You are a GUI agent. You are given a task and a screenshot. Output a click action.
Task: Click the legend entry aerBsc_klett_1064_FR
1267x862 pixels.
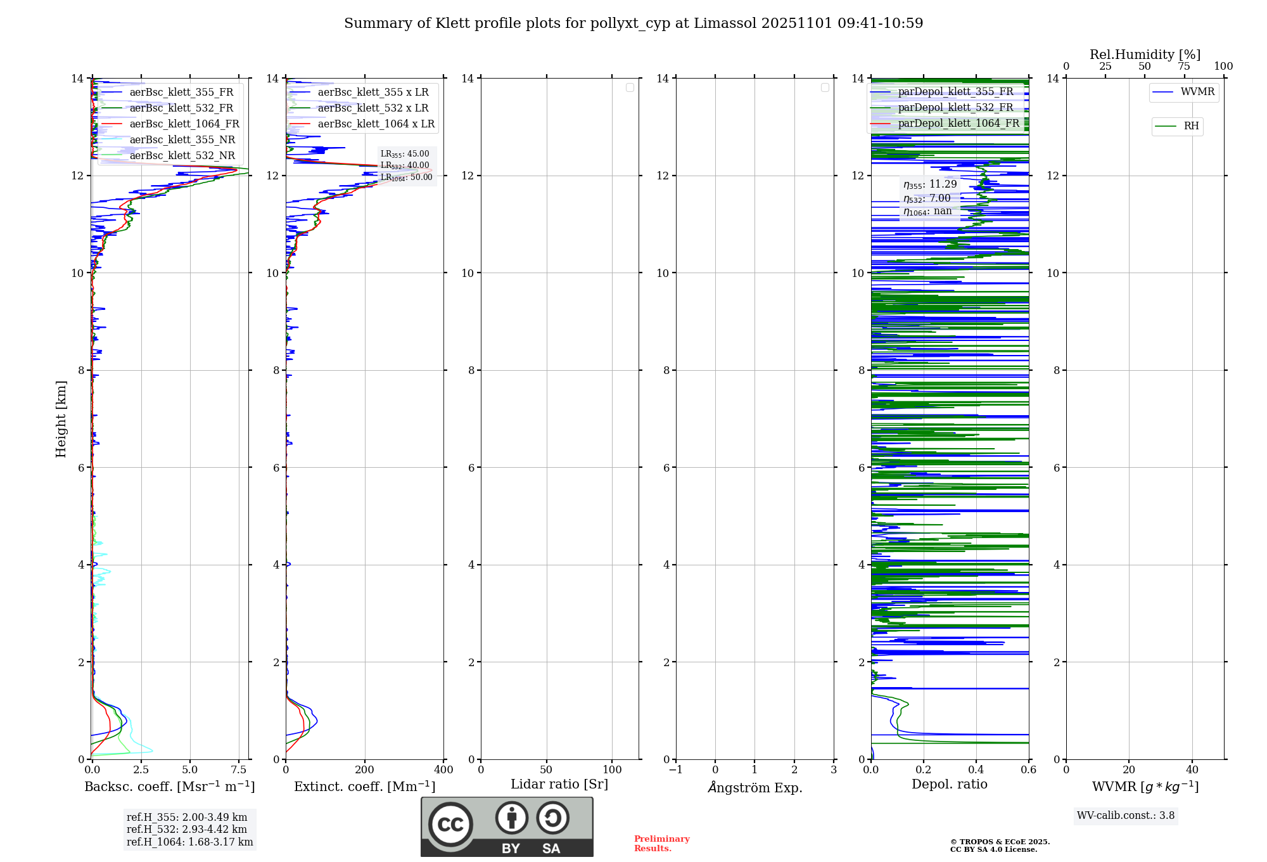(x=184, y=124)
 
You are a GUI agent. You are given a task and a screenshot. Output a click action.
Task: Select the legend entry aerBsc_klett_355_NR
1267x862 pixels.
(x=182, y=140)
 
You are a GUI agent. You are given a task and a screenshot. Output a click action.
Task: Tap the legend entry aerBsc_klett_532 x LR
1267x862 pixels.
(x=372, y=108)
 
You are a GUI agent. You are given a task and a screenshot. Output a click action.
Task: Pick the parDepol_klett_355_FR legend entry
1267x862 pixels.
(x=955, y=92)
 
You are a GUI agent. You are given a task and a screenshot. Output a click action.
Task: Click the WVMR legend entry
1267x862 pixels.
(x=1197, y=92)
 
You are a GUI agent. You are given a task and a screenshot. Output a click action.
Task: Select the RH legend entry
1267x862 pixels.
(x=1191, y=126)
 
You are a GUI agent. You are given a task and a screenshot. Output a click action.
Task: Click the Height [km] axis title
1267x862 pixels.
(x=61, y=419)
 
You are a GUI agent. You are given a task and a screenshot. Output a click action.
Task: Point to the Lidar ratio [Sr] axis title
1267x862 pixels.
(x=559, y=785)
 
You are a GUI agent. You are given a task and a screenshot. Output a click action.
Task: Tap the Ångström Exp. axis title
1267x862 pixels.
(x=755, y=787)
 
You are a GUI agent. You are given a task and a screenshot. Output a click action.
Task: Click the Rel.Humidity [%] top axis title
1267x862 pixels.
(x=1145, y=55)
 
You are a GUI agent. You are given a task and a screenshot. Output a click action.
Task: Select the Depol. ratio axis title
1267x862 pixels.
(x=949, y=785)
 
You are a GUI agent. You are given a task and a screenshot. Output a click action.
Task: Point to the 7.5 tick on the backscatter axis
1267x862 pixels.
(x=239, y=770)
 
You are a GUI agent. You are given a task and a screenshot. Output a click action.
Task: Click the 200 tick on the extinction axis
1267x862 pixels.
(x=365, y=770)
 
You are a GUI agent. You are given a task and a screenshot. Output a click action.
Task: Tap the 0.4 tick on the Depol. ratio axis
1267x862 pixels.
(x=976, y=770)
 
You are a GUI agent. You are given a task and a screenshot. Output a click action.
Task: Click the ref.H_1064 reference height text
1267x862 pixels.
(x=189, y=842)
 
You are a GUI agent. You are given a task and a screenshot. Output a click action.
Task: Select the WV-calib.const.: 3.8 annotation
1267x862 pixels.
(x=1126, y=816)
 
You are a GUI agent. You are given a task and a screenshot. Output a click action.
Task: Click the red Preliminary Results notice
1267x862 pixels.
(x=661, y=844)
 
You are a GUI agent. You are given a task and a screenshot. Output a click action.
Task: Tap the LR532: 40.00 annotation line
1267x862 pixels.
(x=405, y=165)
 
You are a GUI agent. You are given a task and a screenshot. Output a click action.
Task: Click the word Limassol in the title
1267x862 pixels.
(x=725, y=23)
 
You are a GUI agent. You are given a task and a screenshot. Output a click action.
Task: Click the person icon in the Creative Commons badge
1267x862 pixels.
(x=511, y=818)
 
